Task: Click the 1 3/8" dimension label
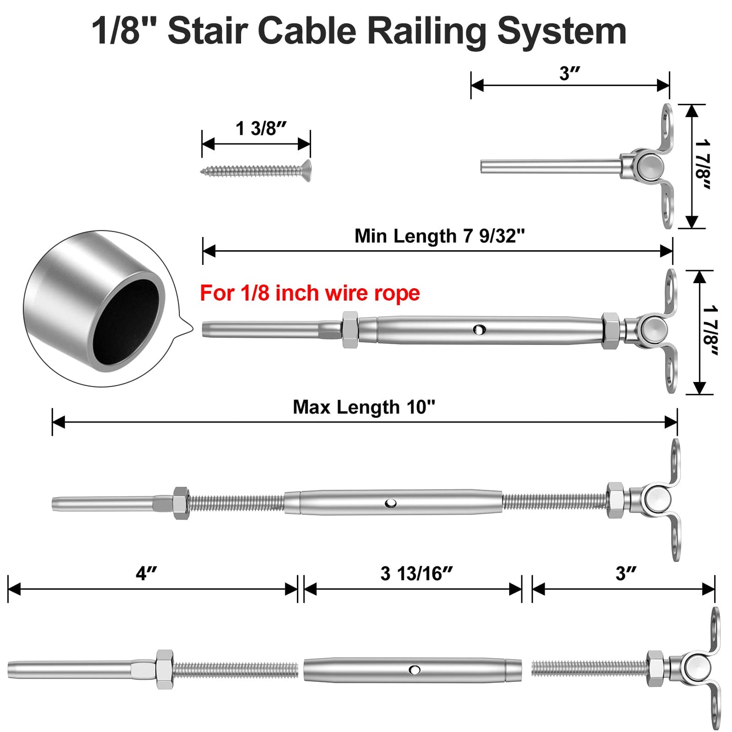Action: pos(261,129)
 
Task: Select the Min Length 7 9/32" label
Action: pos(439,236)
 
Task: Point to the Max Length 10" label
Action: pos(364,407)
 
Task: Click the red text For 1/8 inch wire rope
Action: pos(310,293)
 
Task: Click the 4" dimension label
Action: pos(146,574)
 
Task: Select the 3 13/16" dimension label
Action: pos(416,574)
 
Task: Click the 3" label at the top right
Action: pos(569,74)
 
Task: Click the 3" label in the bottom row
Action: pos(626,574)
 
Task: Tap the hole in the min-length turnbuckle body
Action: pos(478,330)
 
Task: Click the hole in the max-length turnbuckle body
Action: pos(390,503)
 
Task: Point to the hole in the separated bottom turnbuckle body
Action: pos(414,670)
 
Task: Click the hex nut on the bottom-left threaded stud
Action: pos(164,669)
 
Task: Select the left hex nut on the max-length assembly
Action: pos(181,503)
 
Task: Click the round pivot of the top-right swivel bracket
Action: pos(649,167)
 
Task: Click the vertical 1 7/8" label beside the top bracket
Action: pos(703,166)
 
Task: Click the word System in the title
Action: pos(561,31)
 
